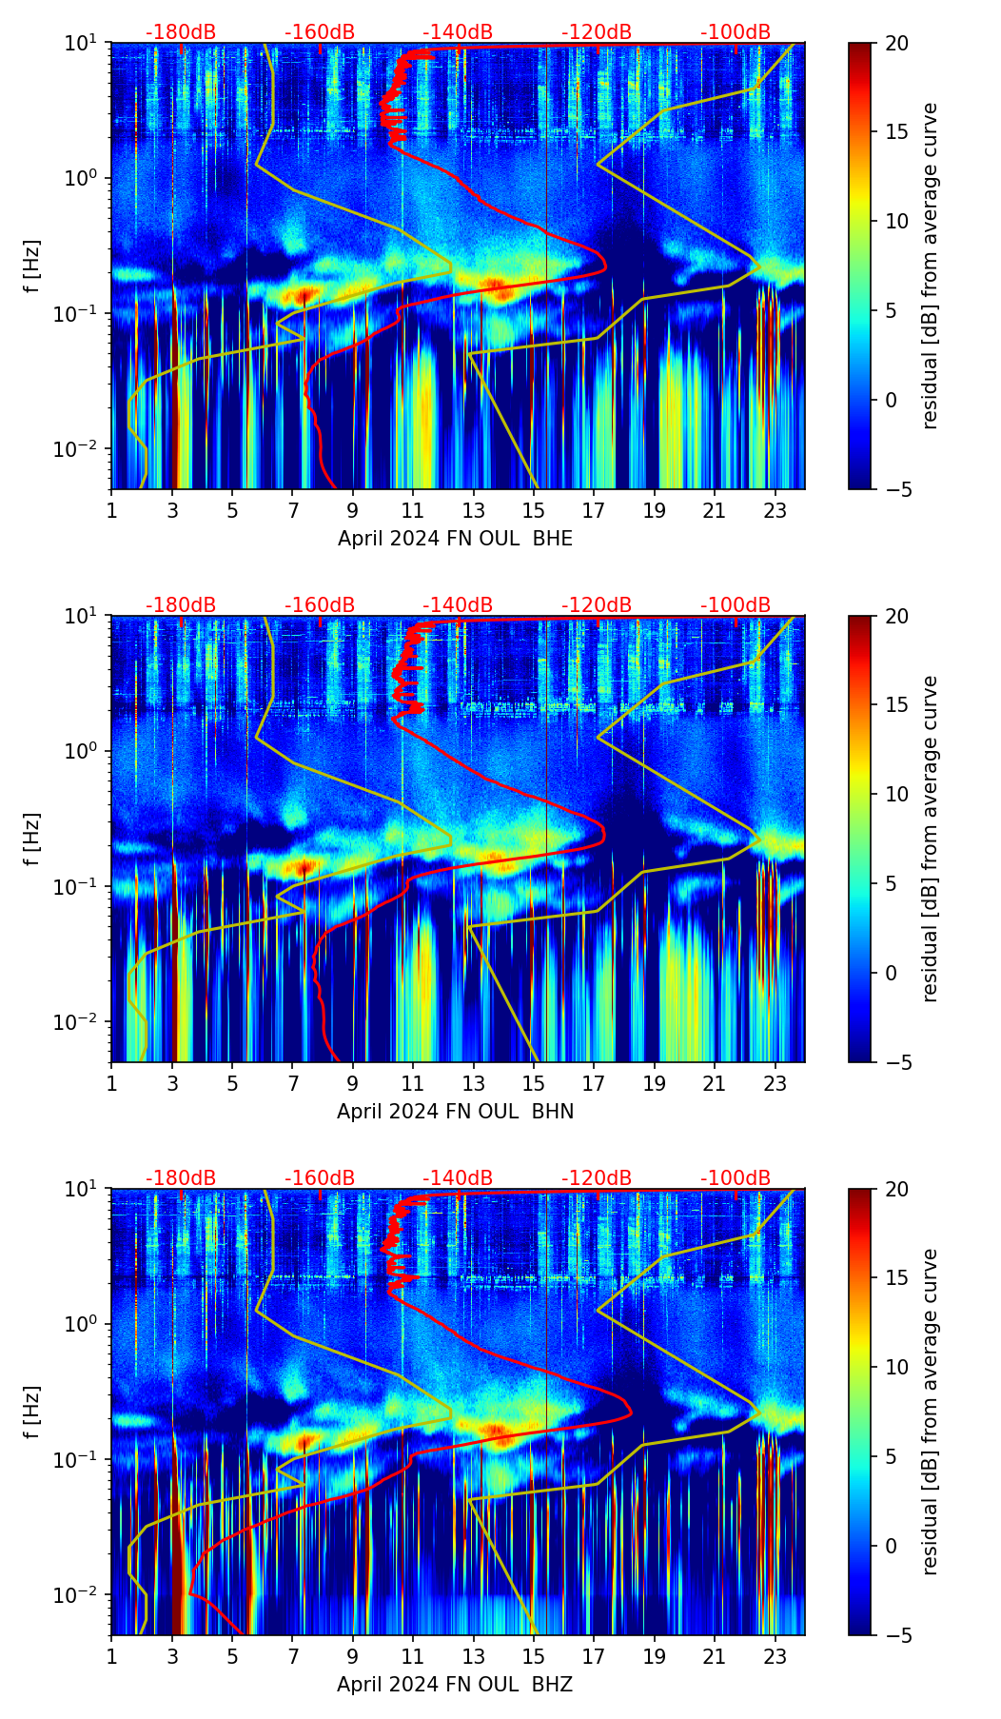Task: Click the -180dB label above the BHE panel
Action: coord(181,32)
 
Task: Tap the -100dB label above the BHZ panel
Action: coord(736,1178)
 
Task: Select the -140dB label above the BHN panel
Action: coord(458,605)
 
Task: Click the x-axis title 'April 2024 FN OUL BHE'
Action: coord(455,539)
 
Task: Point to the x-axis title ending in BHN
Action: coord(455,1112)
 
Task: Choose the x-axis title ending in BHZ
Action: coord(455,1685)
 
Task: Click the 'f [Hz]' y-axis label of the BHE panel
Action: coord(33,267)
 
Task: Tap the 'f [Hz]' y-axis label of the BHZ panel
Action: coord(33,1413)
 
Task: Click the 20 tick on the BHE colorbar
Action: coord(896,43)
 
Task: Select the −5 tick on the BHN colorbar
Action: coord(896,1062)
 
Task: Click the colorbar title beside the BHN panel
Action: coord(930,839)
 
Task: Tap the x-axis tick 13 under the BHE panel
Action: coord(473,509)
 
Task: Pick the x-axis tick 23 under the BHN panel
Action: coord(775,1082)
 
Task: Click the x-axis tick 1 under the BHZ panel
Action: coord(112,1655)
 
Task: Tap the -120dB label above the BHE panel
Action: coord(597,32)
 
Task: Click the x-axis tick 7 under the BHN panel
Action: coord(292,1082)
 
